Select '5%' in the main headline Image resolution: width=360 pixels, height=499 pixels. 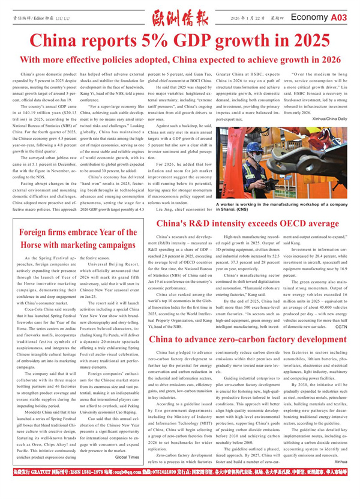click(x=166, y=41)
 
